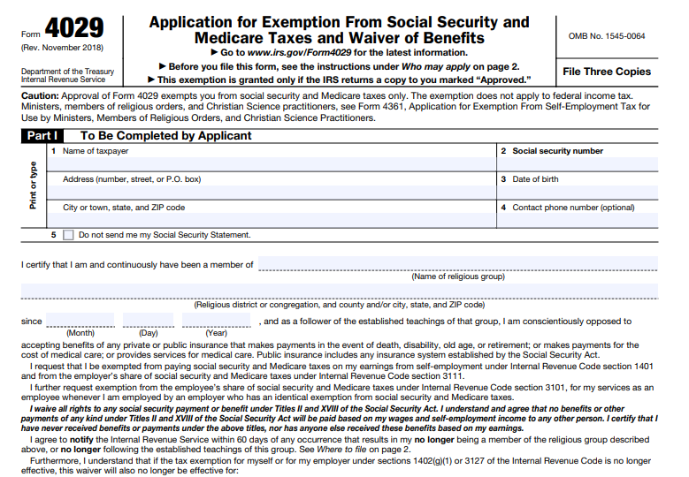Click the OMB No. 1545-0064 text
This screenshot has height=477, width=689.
606,36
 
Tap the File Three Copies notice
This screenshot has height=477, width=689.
606,72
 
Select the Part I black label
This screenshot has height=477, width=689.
42,136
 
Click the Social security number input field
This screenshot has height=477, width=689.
578,164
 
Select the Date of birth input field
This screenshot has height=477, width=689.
578,193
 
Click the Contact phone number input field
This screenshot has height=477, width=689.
578,221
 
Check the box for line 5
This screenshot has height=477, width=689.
68,235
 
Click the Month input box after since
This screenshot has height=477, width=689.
80,321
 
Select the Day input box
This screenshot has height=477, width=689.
148,321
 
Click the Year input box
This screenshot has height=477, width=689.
216,321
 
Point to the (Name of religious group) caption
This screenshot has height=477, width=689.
458,276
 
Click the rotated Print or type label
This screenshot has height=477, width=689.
34,185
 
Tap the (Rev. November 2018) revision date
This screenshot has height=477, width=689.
61,47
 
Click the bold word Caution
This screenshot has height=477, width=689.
39,95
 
